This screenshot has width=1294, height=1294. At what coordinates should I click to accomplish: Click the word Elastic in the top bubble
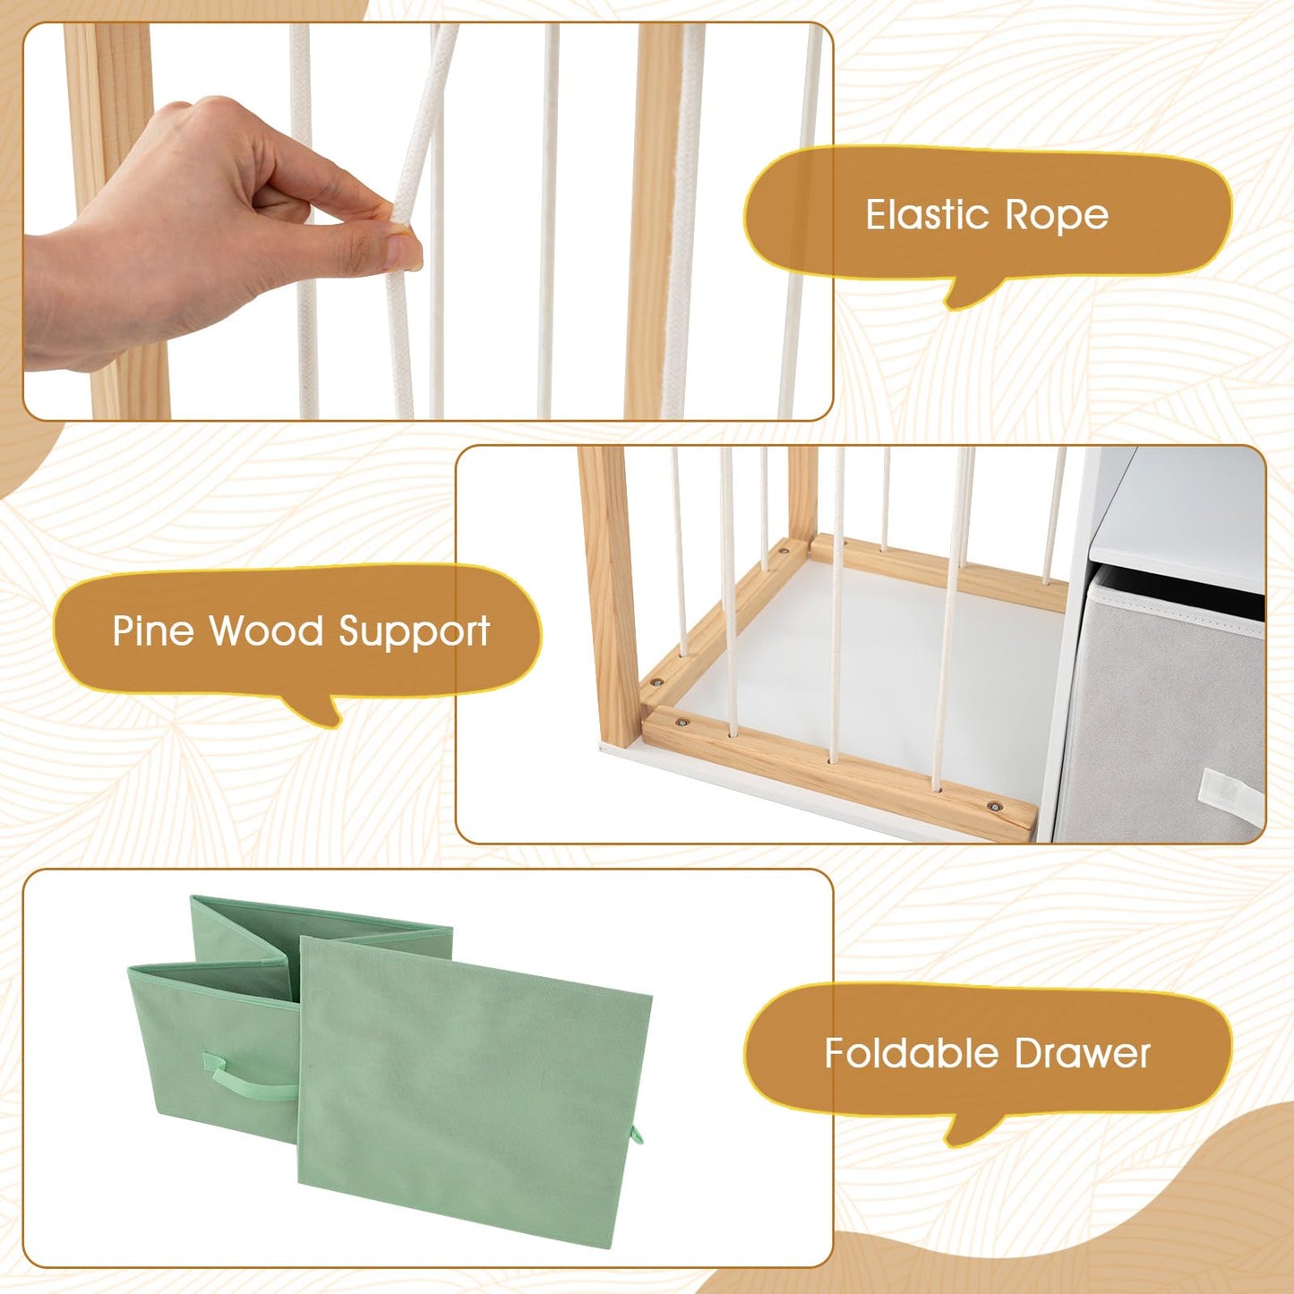(926, 215)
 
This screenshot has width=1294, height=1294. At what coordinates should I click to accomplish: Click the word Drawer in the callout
(1082, 1054)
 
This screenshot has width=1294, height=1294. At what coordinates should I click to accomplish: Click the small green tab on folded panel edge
(635, 1135)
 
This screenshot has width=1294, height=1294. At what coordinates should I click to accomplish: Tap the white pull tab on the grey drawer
(1230, 796)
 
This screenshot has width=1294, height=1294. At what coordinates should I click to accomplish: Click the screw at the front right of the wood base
(994, 806)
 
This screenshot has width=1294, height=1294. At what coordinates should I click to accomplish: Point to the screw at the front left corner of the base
(683, 723)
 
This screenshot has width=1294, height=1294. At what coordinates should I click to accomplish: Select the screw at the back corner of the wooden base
(784, 552)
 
